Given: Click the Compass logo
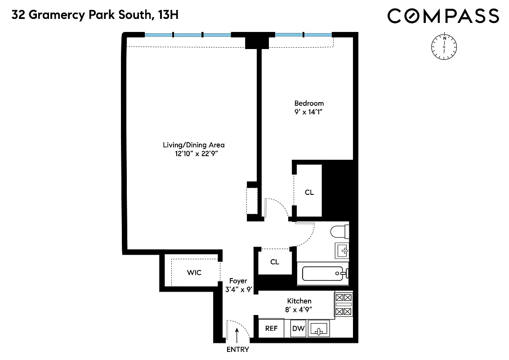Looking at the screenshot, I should [443, 16].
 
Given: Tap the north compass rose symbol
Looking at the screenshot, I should [444, 46].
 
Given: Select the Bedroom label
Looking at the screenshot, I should [309, 103].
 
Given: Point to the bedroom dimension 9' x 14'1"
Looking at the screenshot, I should [309, 112].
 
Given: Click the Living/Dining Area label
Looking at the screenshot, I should [193, 145].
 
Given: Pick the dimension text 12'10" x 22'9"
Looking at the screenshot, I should [193, 154].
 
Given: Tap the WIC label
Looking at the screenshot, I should [194, 273].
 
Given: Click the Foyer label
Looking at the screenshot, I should [238, 281].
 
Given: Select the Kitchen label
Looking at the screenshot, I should [299, 301].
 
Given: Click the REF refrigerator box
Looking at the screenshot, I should [271, 328].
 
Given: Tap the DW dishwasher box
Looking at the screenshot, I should [298, 328].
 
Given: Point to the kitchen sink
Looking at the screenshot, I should [319, 329].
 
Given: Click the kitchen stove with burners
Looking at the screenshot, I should [344, 305].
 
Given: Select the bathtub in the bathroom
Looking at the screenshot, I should [323, 273].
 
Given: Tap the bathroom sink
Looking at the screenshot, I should [342, 250].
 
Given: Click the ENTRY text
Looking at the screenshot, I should [237, 350].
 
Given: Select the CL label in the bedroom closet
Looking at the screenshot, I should [309, 192].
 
